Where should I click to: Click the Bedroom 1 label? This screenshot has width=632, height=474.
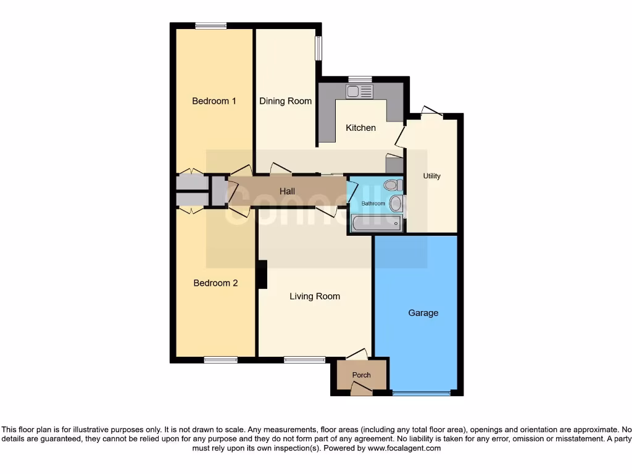[214, 101]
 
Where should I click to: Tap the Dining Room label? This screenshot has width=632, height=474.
[285, 101]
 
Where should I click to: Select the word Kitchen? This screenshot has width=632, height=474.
[360, 128]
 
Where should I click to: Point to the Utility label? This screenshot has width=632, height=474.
[432, 176]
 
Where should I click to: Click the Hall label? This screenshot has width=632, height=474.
[287, 191]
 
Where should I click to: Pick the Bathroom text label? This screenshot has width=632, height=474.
[373, 203]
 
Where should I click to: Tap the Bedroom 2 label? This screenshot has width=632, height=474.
[215, 283]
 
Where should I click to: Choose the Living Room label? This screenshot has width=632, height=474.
[315, 296]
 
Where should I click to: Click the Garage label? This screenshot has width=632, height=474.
[423, 313]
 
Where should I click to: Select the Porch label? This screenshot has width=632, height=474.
[362, 375]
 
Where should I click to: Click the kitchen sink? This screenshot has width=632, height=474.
[359, 92]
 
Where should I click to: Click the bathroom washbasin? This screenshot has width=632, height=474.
[396, 203]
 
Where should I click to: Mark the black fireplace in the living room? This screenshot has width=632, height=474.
[262, 275]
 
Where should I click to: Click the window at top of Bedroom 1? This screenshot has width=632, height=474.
[210, 26]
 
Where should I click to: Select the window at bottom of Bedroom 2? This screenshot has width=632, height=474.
[220, 360]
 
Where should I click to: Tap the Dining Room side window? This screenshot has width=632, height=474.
[318, 49]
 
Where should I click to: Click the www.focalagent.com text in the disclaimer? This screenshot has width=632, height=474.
[404, 449]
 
